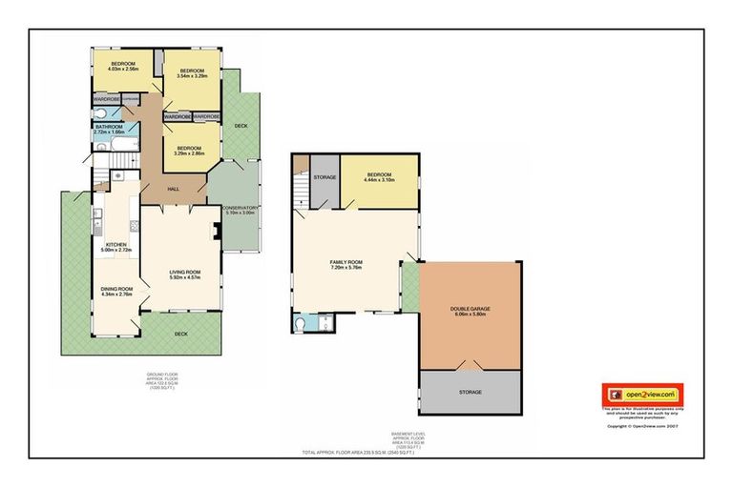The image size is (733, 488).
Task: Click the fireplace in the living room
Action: click(x=219, y=233)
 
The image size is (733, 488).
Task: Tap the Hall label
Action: click(x=174, y=189)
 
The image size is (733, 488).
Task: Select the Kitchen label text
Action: click(x=116, y=245)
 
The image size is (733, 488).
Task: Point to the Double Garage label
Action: click(x=470, y=307)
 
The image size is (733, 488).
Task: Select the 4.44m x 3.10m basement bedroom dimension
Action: click(x=379, y=181)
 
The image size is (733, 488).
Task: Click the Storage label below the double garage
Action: click(x=470, y=392)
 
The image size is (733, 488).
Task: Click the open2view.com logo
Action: click(x=641, y=394)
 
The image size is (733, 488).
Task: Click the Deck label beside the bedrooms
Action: click(x=241, y=125)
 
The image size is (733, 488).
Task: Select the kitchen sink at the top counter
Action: click(x=115, y=175)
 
